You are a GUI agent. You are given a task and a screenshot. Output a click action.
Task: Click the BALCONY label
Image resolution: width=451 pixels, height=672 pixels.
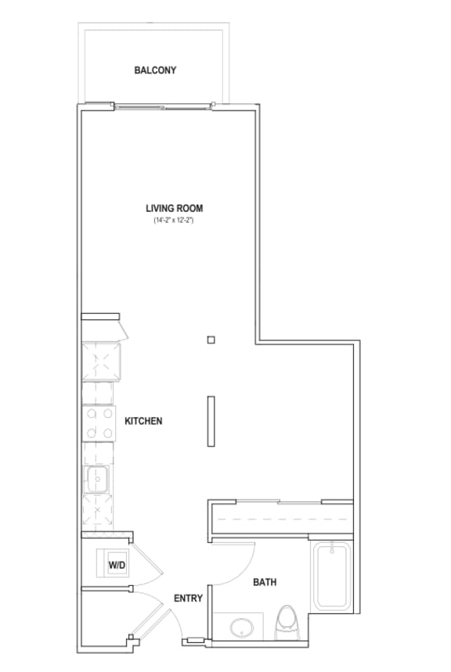click(x=155, y=70)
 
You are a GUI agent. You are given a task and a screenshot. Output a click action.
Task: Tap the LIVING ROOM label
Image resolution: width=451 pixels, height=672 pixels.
click(x=175, y=208)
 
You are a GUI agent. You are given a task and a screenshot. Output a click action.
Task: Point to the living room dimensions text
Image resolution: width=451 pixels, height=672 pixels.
click(x=175, y=221)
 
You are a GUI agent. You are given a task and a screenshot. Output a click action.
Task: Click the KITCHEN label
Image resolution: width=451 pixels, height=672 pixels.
click(x=143, y=421)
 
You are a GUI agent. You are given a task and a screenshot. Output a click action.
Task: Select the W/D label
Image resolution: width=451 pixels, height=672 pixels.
click(x=117, y=565)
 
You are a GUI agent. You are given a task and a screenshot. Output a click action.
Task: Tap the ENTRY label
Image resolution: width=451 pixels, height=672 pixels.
click(x=188, y=598)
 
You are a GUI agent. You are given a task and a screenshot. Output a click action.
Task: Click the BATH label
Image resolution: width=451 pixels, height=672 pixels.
click(x=265, y=582)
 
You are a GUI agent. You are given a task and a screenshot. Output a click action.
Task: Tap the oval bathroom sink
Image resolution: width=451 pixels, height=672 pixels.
click(x=242, y=628)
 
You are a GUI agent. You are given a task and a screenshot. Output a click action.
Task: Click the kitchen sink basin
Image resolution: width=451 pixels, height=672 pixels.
click(x=97, y=479)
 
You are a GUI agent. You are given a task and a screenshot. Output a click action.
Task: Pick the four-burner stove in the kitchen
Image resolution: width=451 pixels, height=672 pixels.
click(x=99, y=423)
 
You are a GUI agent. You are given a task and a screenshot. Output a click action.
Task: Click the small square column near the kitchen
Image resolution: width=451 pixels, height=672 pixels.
click(x=211, y=340)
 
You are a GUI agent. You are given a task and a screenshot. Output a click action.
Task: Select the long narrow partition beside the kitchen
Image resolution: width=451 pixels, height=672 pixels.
click(x=211, y=422)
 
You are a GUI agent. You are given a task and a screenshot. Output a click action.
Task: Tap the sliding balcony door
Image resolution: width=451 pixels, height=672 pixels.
click(x=164, y=106)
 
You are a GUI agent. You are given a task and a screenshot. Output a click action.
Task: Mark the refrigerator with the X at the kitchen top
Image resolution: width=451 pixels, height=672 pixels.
click(x=102, y=362)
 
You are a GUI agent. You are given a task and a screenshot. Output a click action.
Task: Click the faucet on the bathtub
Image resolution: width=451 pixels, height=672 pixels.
click(x=332, y=548)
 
